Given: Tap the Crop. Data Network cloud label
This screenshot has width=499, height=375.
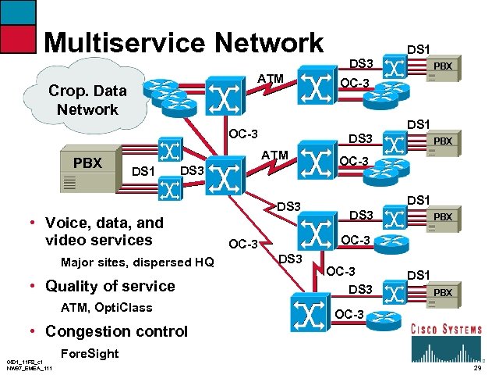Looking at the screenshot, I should click(87, 99).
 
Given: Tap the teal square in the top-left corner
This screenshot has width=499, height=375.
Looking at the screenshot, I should click(18, 11).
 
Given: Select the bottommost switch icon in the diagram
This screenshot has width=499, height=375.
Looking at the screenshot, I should click(308, 308).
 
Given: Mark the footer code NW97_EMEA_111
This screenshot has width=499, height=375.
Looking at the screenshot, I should click(27, 369).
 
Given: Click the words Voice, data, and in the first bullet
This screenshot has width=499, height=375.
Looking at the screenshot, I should click(104, 222).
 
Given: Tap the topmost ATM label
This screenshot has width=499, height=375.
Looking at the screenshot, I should click(270, 77).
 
